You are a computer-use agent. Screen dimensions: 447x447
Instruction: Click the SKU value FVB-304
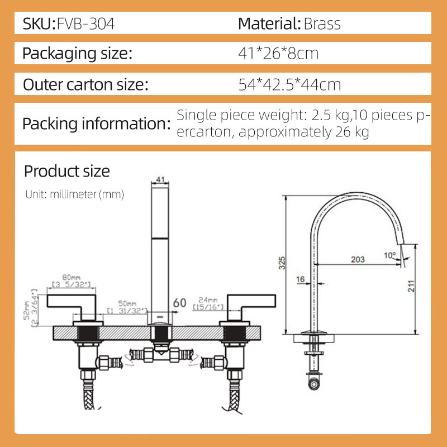[x=87, y=24]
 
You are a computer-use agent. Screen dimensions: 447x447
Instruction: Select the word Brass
[x=322, y=24]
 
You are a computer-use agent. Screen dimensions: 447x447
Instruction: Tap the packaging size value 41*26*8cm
[x=278, y=54]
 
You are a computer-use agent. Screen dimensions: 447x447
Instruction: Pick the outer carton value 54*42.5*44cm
[x=289, y=85]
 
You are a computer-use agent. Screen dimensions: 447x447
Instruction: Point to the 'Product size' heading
[x=67, y=171]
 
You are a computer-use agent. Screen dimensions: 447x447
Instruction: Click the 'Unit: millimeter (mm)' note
[x=74, y=194]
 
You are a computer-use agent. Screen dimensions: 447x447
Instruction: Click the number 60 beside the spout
[x=179, y=302]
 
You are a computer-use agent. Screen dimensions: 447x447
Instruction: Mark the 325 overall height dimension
[x=282, y=263]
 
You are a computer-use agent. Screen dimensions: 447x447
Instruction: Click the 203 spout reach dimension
[x=358, y=259]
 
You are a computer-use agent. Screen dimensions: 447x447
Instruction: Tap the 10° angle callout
[x=390, y=255]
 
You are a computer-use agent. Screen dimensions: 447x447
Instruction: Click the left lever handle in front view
[x=70, y=302]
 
